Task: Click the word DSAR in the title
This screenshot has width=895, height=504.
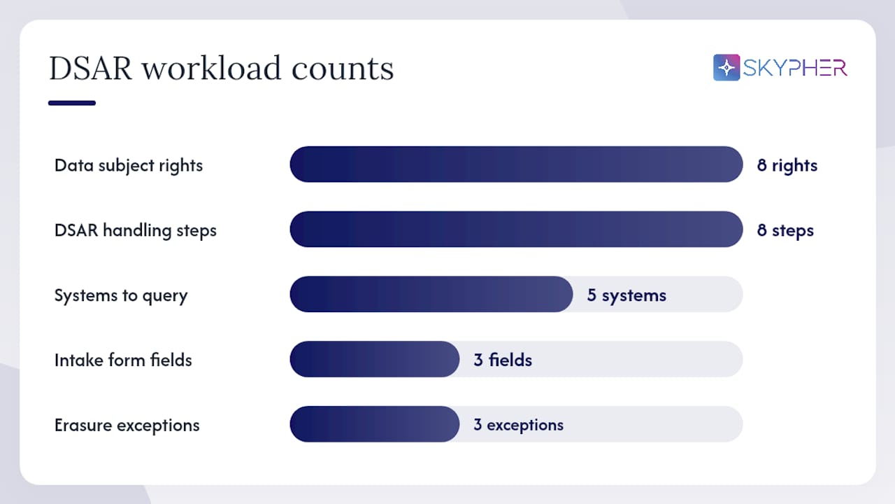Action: (90, 69)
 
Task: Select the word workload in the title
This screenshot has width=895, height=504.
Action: (212, 68)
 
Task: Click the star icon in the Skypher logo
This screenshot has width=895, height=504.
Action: (726, 68)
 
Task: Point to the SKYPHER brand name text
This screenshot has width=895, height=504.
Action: (795, 68)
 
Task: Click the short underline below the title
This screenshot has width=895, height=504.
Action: (72, 103)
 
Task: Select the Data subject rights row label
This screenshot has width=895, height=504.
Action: (129, 166)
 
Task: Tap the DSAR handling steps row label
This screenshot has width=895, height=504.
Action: (136, 231)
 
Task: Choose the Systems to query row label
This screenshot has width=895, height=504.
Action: (121, 296)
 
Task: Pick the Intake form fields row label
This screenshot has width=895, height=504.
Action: (123, 360)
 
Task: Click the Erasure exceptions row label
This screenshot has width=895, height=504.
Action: (127, 425)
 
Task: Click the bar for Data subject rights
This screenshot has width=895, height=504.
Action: (516, 164)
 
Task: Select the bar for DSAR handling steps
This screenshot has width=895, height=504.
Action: (516, 229)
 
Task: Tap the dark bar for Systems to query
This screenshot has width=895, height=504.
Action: (431, 294)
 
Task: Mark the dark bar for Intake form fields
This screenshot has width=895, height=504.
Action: (375, 359)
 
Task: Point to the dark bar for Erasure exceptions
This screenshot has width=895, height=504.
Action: (375, 424)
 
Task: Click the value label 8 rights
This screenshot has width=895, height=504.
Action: (787, 166)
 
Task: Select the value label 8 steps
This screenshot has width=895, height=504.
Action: (785, 231)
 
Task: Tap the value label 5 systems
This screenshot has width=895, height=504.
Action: (626, 296)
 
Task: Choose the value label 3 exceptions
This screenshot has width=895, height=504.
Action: (519, 425)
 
